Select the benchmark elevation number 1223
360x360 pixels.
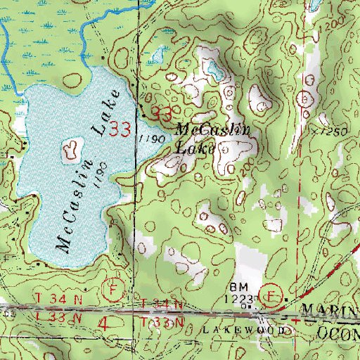[x=239, y=298]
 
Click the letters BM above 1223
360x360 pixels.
[x=236, y=288]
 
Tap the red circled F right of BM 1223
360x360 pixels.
[x=271, y=292]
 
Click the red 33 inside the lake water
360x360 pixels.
[x=120, y=129]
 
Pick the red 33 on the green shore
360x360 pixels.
[x=161, y=113]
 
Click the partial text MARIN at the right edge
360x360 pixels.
[x=330, y=310]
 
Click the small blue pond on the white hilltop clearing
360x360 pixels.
[x=212, y=69]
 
